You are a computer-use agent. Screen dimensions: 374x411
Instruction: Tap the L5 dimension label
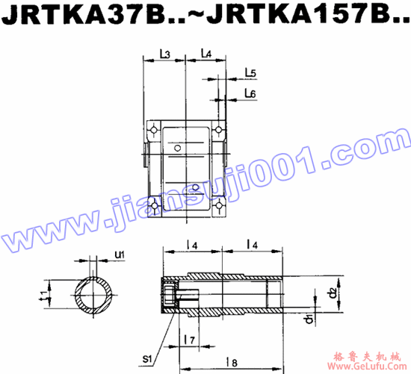pos(250,73)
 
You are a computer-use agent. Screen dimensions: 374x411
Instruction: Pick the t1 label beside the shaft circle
pos(44,296)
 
